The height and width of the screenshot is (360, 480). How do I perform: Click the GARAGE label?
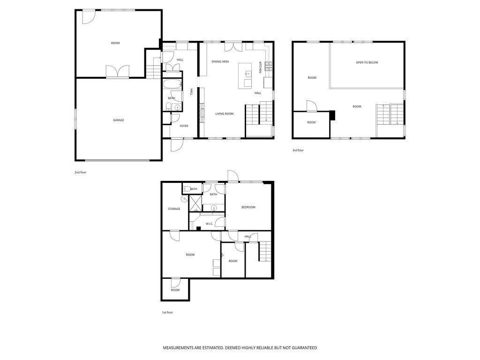coord(119,120)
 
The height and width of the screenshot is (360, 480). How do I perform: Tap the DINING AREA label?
coord(220,61)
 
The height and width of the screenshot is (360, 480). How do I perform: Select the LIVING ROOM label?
coord(225,113)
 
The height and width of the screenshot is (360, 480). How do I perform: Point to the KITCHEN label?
coord(260,67)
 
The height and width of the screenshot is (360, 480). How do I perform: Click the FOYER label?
coord(184,126)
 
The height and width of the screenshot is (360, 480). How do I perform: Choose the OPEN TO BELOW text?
coord(367,62)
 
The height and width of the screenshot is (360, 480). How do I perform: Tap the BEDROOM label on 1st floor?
coord(248,207)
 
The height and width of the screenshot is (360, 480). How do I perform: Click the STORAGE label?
coord(174,209)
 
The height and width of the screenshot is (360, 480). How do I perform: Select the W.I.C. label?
coord(210,224)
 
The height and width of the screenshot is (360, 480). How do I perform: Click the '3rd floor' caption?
coord(298,150)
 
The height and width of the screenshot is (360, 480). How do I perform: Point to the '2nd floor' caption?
coord(81,172)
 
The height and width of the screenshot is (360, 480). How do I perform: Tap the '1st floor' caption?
coord(167,312)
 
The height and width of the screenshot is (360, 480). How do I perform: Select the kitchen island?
coord(245,75)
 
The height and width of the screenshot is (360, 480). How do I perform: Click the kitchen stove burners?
coord(269,66)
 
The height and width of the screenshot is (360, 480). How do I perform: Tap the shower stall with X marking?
coord(195,203)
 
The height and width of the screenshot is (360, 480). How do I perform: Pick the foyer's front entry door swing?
coord(177,145)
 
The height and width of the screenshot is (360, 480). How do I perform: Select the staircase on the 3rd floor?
coord(390,114)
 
